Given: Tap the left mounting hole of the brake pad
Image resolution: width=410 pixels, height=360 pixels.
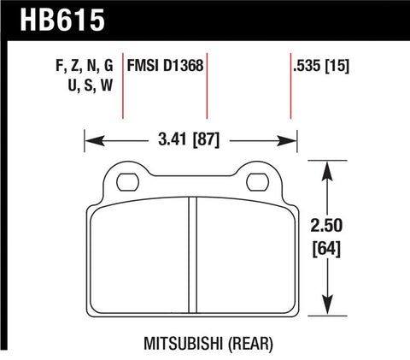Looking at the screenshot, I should [x=128, y=180].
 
